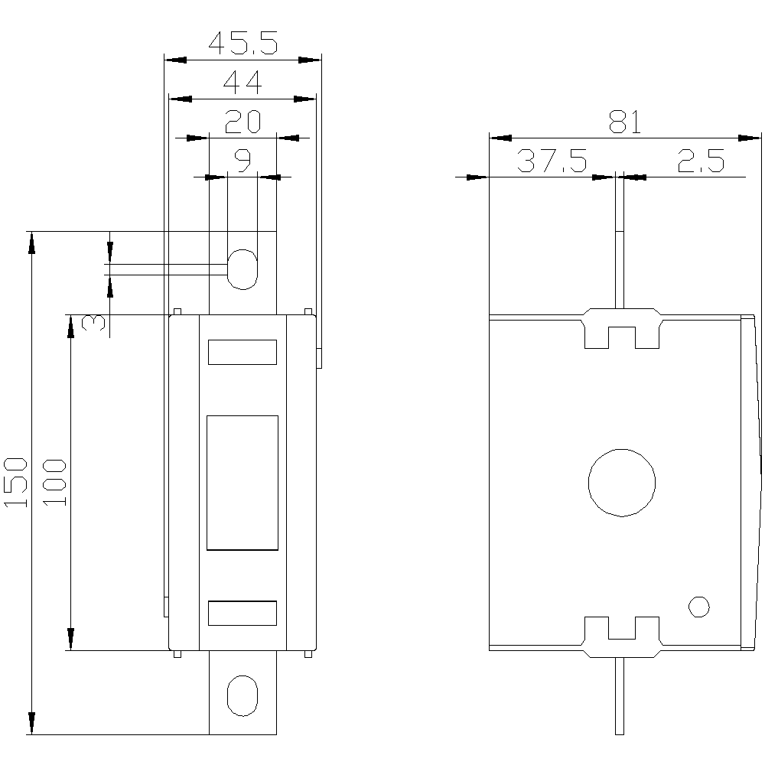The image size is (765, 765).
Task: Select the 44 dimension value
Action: point(243,82)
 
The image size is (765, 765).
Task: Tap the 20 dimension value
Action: point(243,122)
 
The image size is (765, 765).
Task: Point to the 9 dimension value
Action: point(243,160)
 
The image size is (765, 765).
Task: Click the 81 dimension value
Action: point(625,122)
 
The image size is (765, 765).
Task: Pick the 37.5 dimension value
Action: point(552,161)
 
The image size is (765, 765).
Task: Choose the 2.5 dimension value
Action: point(701,161)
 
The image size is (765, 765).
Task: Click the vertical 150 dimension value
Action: point(15,483)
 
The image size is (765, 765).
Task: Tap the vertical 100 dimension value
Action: point(54,483)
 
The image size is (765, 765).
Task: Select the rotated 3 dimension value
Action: point(93,323)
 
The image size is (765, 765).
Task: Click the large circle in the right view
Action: point(621,449)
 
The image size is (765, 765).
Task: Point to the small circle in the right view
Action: point(698,597)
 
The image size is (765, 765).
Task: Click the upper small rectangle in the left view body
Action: point(243,340)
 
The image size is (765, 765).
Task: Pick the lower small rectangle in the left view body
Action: point(243,601)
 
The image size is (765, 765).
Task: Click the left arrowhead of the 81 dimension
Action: point(500,138)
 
